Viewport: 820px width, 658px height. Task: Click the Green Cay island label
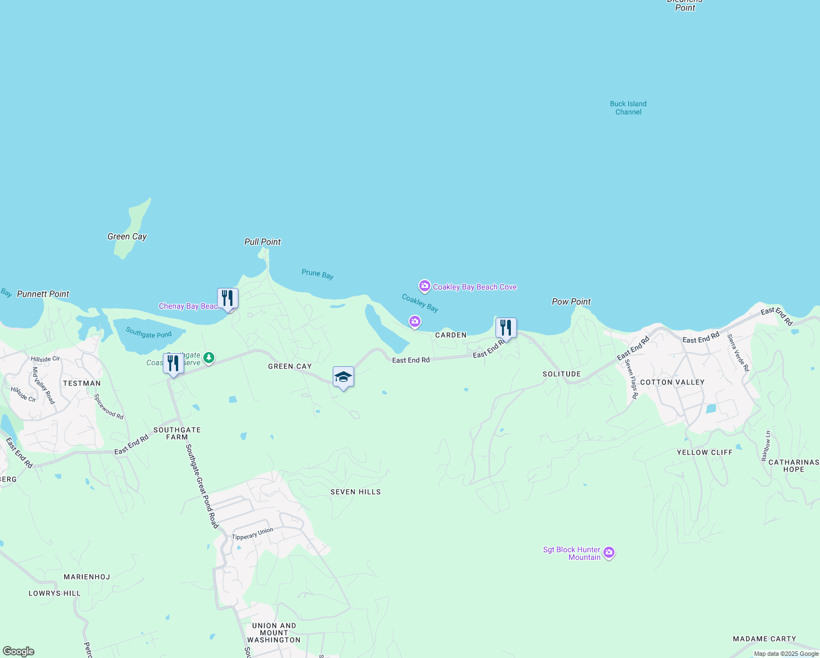pos(127,236)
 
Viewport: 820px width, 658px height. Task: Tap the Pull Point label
pos(263,242)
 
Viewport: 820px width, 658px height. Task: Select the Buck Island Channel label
pos(628,107)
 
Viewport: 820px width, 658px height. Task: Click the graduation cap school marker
pos(343,377)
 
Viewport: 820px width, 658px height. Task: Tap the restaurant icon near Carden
pos(506,328)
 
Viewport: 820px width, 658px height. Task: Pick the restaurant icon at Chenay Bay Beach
pos(227,298)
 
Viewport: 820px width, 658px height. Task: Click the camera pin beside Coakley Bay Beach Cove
pos(425,286)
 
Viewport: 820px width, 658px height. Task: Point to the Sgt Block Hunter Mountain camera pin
pos(609,553)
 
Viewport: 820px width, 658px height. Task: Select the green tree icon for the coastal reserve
pos(208,358)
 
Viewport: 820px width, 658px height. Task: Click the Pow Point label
pos(571,302)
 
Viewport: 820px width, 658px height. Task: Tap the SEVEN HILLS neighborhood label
pos(356,492)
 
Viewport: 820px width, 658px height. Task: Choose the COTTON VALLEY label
pos(673,382)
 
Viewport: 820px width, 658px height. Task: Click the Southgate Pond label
pos(149,332)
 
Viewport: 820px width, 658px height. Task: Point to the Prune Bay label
pos(317,274)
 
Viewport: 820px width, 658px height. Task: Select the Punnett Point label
pos(43,294)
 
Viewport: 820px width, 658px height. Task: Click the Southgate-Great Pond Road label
pos(202,486)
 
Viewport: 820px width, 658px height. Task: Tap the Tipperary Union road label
pos(252,534)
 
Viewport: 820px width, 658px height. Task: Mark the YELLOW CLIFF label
pos(704,452)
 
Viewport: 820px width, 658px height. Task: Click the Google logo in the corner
pos(19,651)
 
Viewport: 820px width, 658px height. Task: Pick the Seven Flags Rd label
pos(631,378)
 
